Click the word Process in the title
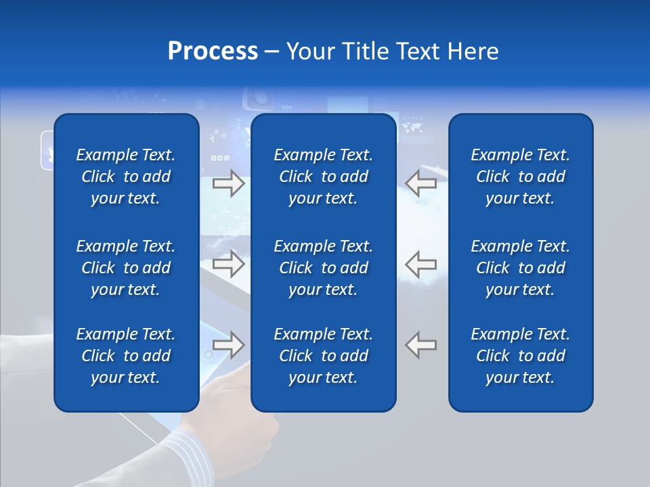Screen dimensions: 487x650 click(213, 51)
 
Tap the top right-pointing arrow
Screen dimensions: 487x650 click(229, 183)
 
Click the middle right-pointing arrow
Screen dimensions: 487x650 click(229, 264)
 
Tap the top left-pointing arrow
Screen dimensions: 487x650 click(421, 183)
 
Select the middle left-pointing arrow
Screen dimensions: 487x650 click(421, 264)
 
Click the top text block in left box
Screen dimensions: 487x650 click(126, 177)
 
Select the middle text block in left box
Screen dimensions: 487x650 click(126, 268)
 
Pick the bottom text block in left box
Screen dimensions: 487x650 click(126, 356)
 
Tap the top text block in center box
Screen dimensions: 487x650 click(323, 177)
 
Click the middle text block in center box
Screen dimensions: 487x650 click(323, 268)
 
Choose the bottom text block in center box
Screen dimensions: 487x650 click(323, 356)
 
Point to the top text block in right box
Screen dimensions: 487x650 click(520, 177)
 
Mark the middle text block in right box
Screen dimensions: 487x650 click(520, 268)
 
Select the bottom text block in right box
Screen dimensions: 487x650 click(520, 356)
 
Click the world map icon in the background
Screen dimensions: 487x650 click(412, 126)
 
